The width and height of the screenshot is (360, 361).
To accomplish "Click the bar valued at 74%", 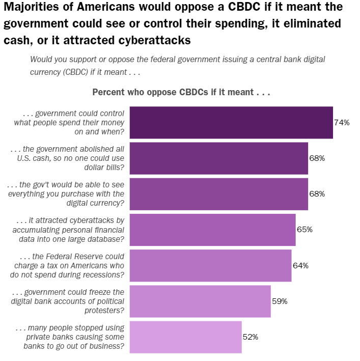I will pyautogui.click(x=231, y=122).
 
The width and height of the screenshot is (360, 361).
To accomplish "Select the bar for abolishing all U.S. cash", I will pyautogui.click(x=219, y=158).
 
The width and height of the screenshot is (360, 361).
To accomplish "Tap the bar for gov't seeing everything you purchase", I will pyautogui.click(x=219, y=194).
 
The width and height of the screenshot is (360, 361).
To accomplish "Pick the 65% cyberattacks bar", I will pyautogui.click(x=212, y=230).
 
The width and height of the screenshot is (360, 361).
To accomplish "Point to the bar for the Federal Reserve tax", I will pyautogui.click(x=210, y=265).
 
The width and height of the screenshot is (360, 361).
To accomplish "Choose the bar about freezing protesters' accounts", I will pyautogui.click(x=200, y=301).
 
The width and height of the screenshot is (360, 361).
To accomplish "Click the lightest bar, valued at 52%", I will pyautogui.click(x=185, y=337).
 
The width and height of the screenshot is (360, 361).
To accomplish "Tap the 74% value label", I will pyautogui.click(x=342, y=122).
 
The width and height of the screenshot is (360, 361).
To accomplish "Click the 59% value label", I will pyautogui.click(x=280, y=301).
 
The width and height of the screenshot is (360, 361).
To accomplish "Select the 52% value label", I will pyautogui.click(x=251, y=337).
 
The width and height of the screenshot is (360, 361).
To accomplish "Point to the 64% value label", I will pyautogui.click(x=300, y=265).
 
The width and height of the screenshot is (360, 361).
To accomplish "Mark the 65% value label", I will pyautogui.click(x=304, y=230).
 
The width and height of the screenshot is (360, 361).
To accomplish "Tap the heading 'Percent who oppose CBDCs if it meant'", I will pyautogui.click(x=181, y=93).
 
